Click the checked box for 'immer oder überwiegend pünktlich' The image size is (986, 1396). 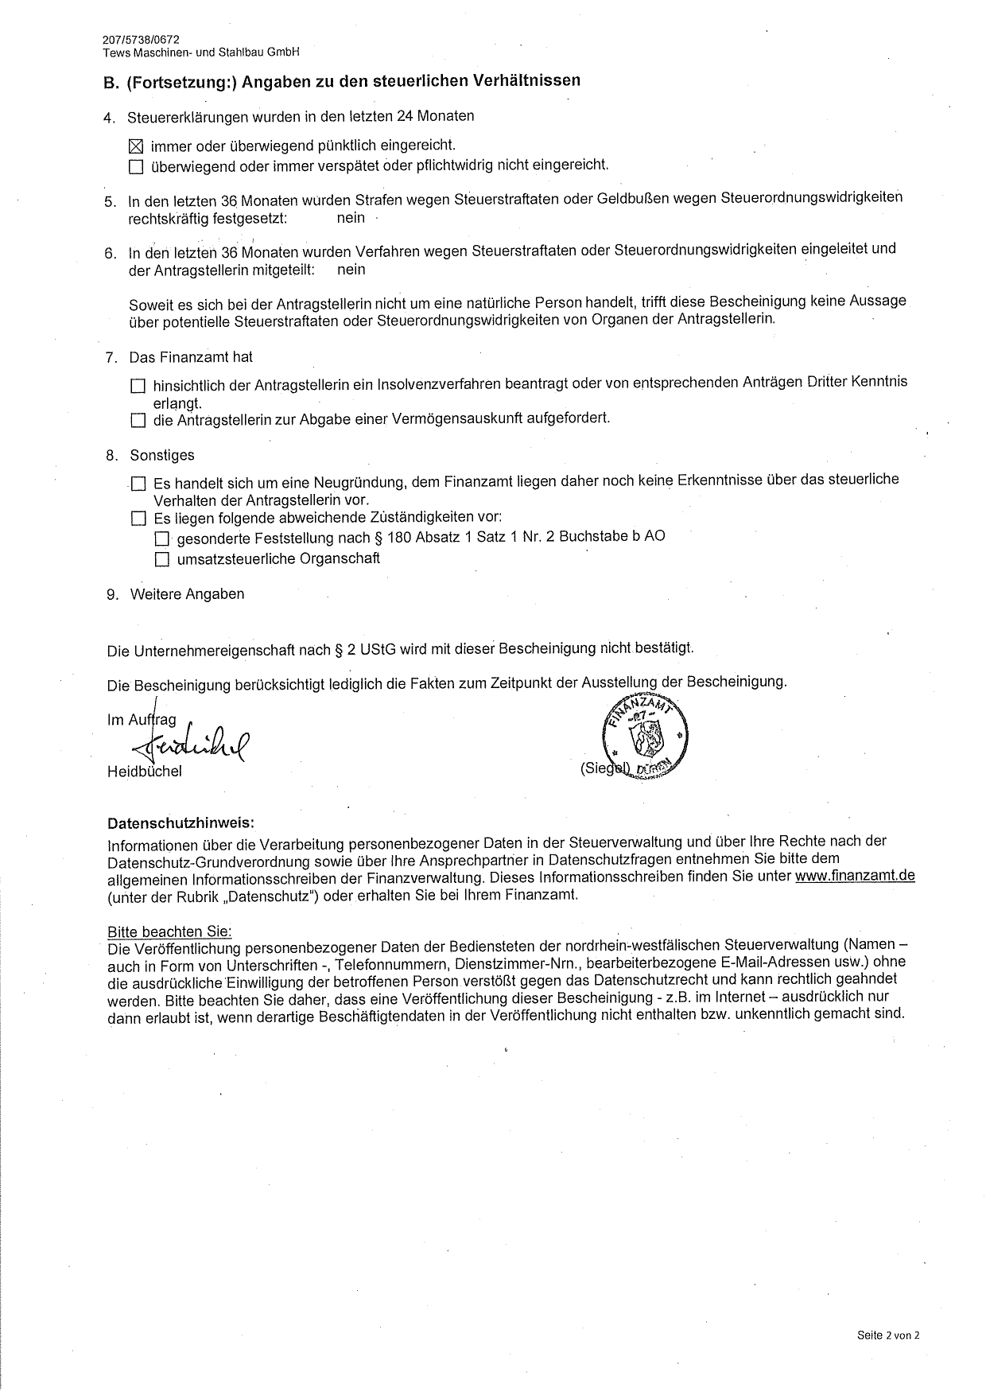tap(136, 146)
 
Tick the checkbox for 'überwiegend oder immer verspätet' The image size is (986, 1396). tap(136, 167)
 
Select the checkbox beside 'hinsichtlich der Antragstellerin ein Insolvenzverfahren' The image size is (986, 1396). tap(138, 386)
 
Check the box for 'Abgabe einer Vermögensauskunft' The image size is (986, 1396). tap(138, 420)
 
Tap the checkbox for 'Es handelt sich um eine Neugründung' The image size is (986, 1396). tap(139, 484)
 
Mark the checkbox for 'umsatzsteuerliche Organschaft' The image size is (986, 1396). tap(162, 560)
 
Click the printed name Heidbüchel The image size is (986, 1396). tap(145, 772)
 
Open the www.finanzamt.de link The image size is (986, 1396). tap(855, 876)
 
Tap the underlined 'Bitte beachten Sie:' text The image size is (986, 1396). tap(169, 931)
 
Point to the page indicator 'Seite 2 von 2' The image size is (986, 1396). tap(888, 1336)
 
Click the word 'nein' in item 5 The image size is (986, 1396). tap(351, 218)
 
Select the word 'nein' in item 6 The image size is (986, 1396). tap(351, 269)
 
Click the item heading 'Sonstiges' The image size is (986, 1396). tap(162, 456)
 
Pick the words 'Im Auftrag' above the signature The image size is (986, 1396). tap(142, 720)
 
